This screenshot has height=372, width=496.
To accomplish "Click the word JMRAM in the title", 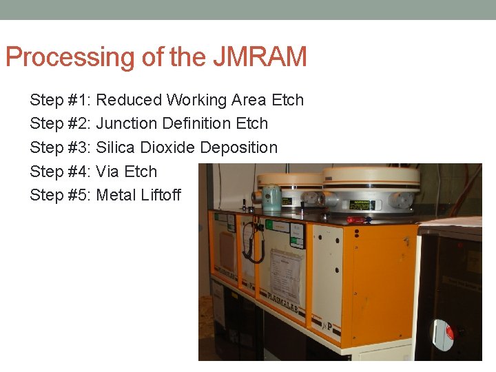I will tap(260, 56).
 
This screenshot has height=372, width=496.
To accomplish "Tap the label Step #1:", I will tap(61, 100).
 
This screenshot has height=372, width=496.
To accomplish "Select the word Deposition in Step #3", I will tap(239, 147).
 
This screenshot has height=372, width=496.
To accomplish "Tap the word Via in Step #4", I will tap(108, 172).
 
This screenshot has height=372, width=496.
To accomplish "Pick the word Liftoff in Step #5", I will tap(161, 195).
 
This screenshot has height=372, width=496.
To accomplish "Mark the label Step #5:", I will tap(61, 195).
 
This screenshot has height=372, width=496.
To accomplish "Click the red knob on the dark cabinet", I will tap(451, 331).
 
